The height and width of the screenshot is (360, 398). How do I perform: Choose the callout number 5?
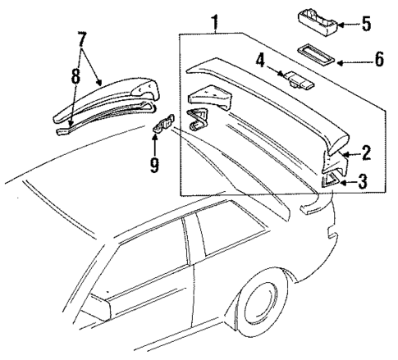pos(366,24)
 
